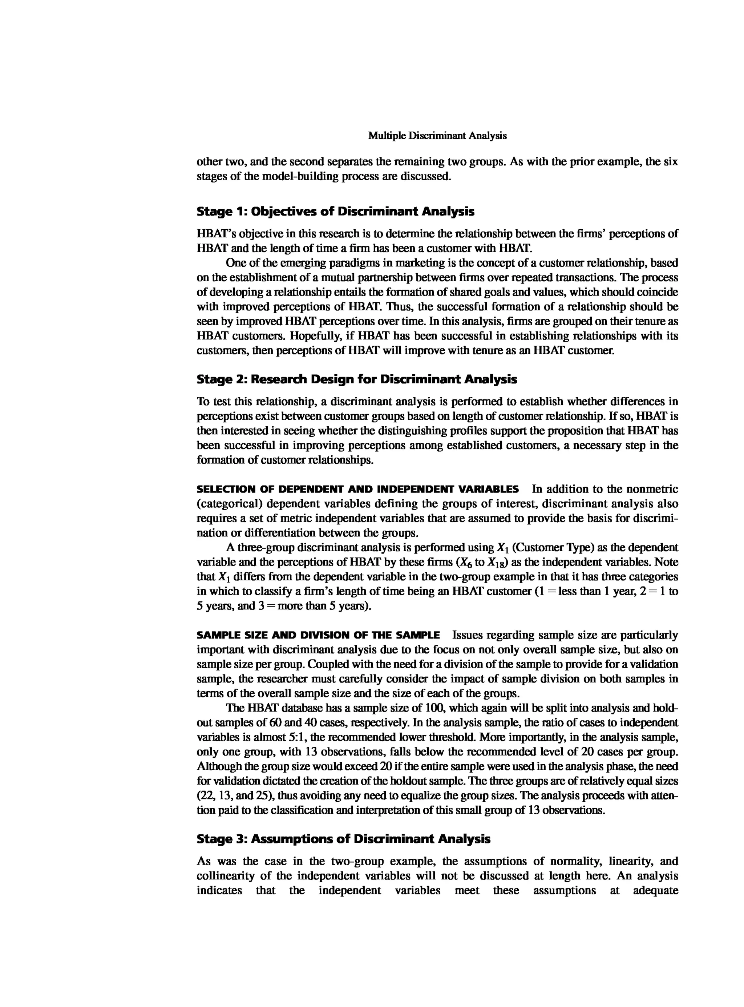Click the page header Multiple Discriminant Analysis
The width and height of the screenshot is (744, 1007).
coord(437,136)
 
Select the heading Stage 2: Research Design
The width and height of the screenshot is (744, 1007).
coord(357,379)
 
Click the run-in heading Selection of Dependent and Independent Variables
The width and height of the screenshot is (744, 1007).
coord(357,489)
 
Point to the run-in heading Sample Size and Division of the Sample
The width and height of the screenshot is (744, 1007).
coord(318,635)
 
